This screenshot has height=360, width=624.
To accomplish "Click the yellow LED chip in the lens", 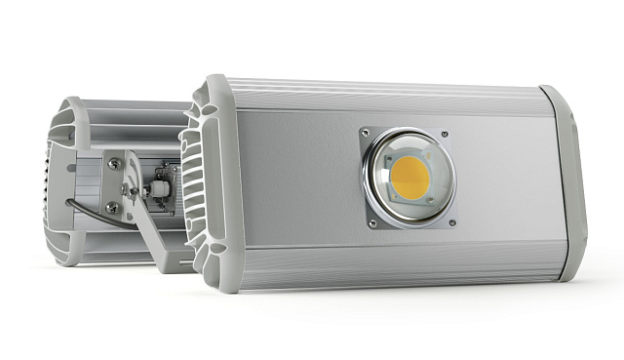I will [x=411, y=177].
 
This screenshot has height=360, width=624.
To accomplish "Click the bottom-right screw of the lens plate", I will [x=451, y=220].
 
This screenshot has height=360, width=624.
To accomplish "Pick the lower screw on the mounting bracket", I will [x=113, y=207].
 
